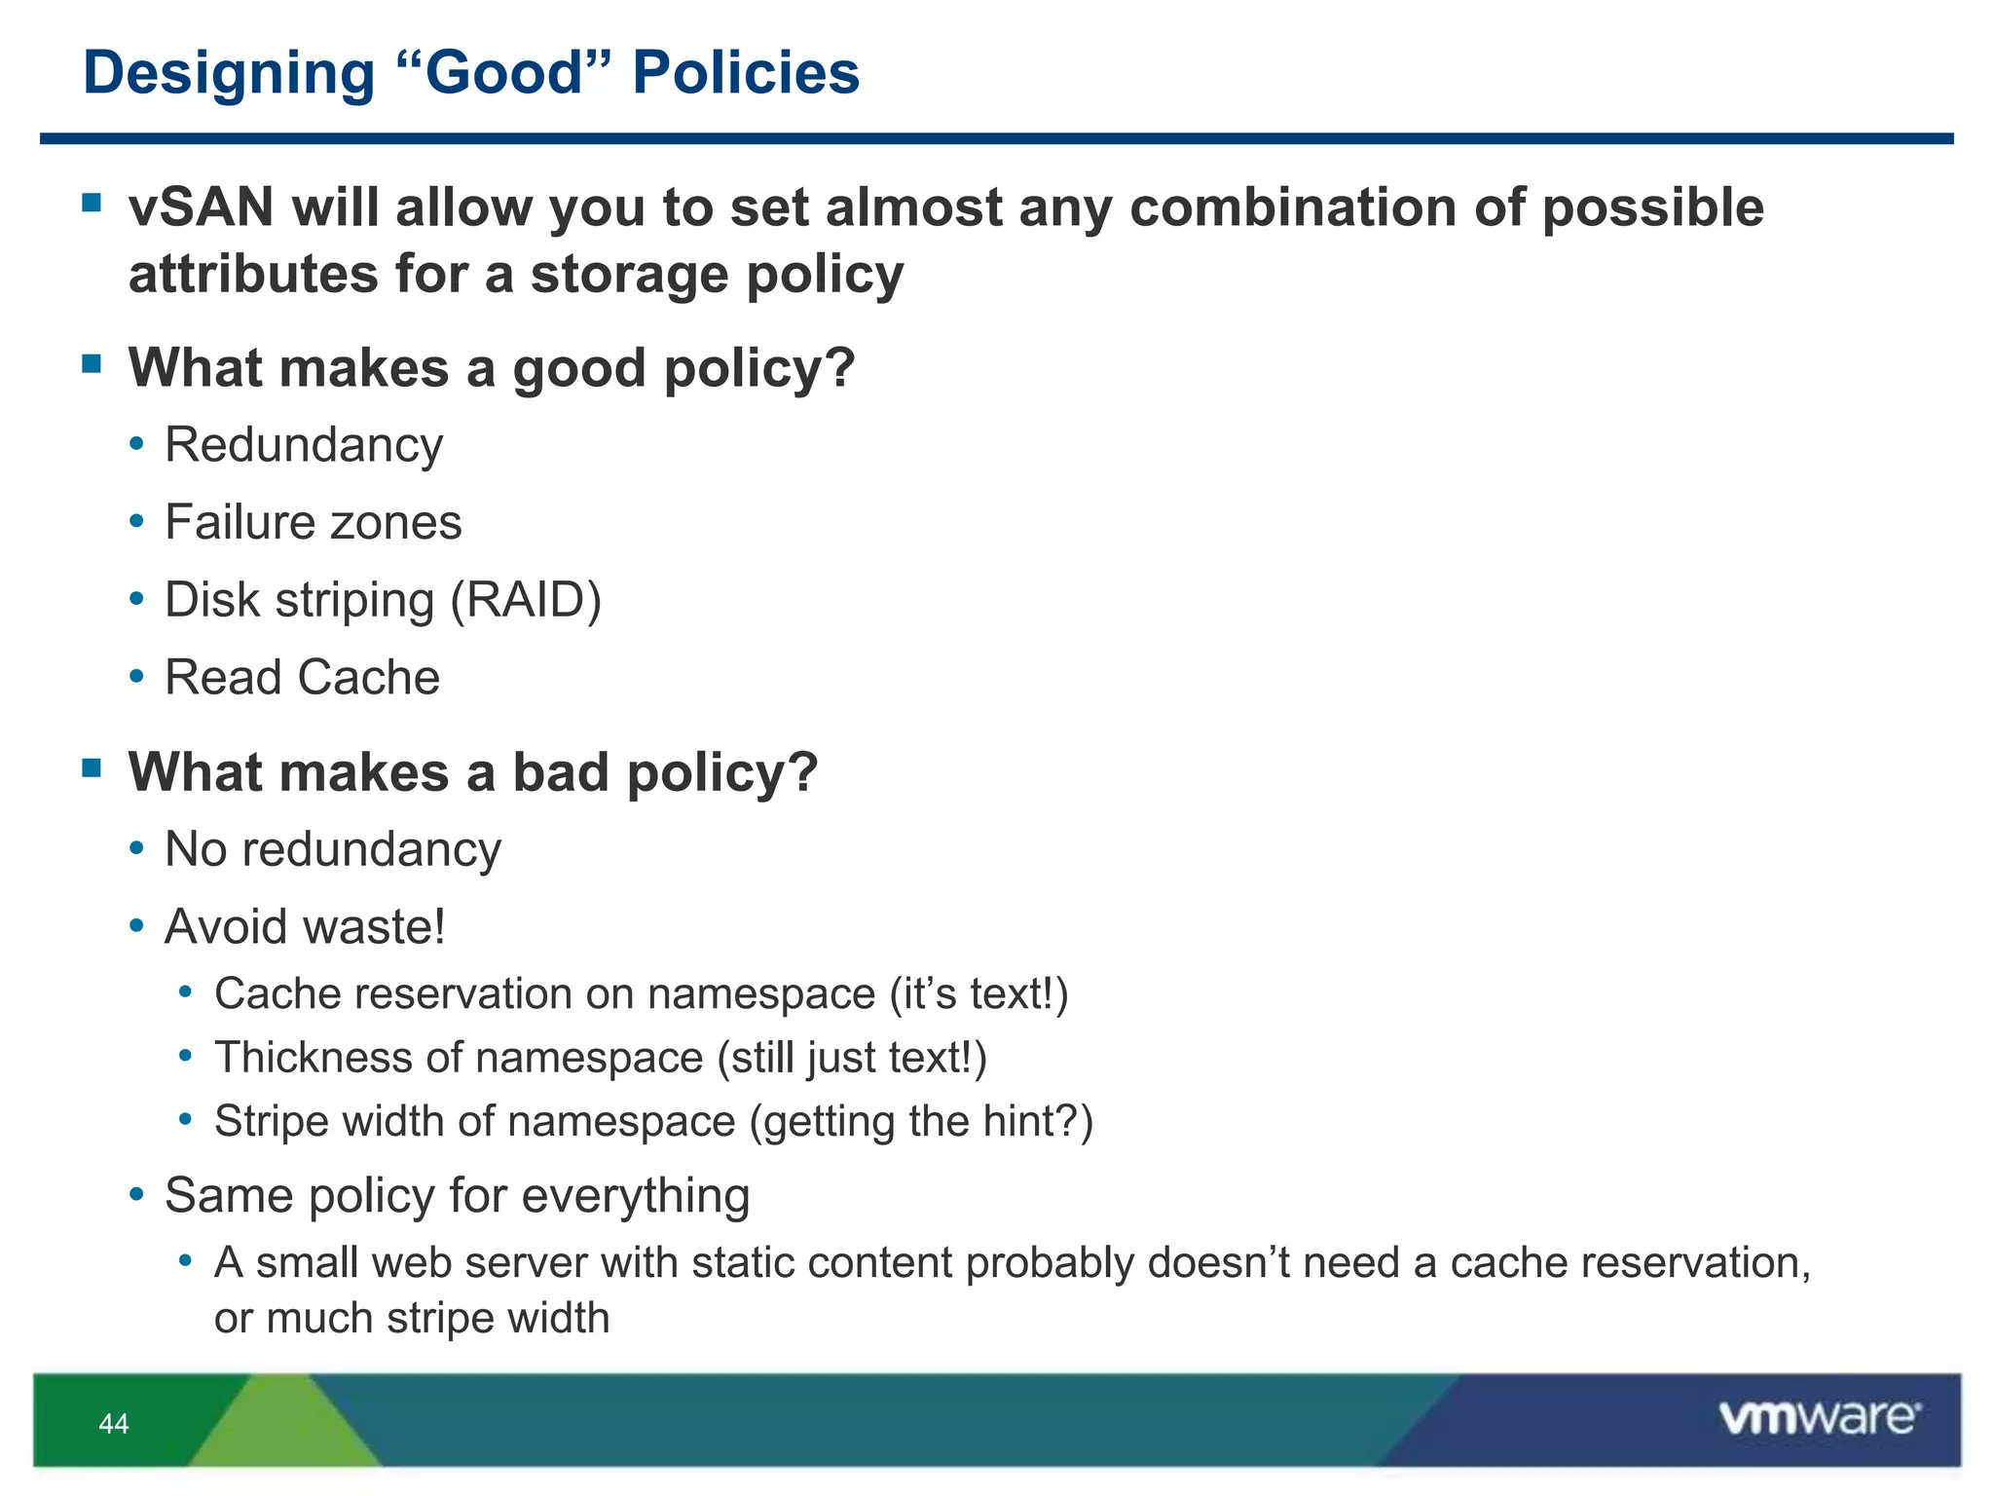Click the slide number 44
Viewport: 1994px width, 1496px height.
(x=114, y=1424)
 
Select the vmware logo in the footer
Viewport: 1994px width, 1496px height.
(x=1819, y=1418)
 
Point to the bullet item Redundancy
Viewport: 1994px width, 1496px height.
(x=304, y=445)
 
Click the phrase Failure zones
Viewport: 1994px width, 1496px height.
(x=313, y=522)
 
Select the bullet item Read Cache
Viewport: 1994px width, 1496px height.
(x=302, y=677)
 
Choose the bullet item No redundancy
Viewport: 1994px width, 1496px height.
(x=332, y=849)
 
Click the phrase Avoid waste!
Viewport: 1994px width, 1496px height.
(x=305, y=926)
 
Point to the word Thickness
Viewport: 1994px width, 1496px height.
(x=309, y=1058)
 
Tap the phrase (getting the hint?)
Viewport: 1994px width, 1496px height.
(x=921, y=1121)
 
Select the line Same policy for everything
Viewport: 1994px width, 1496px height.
(x=457, y=1195)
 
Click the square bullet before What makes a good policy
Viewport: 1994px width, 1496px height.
(x=92, y=364)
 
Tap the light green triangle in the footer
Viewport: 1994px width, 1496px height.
(x=282, y=1427)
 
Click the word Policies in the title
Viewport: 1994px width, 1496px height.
(x=746, y=73)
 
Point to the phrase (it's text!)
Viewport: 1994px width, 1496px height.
(x=979, y=994)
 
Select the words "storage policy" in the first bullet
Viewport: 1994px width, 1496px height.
(x=717, y=274)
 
